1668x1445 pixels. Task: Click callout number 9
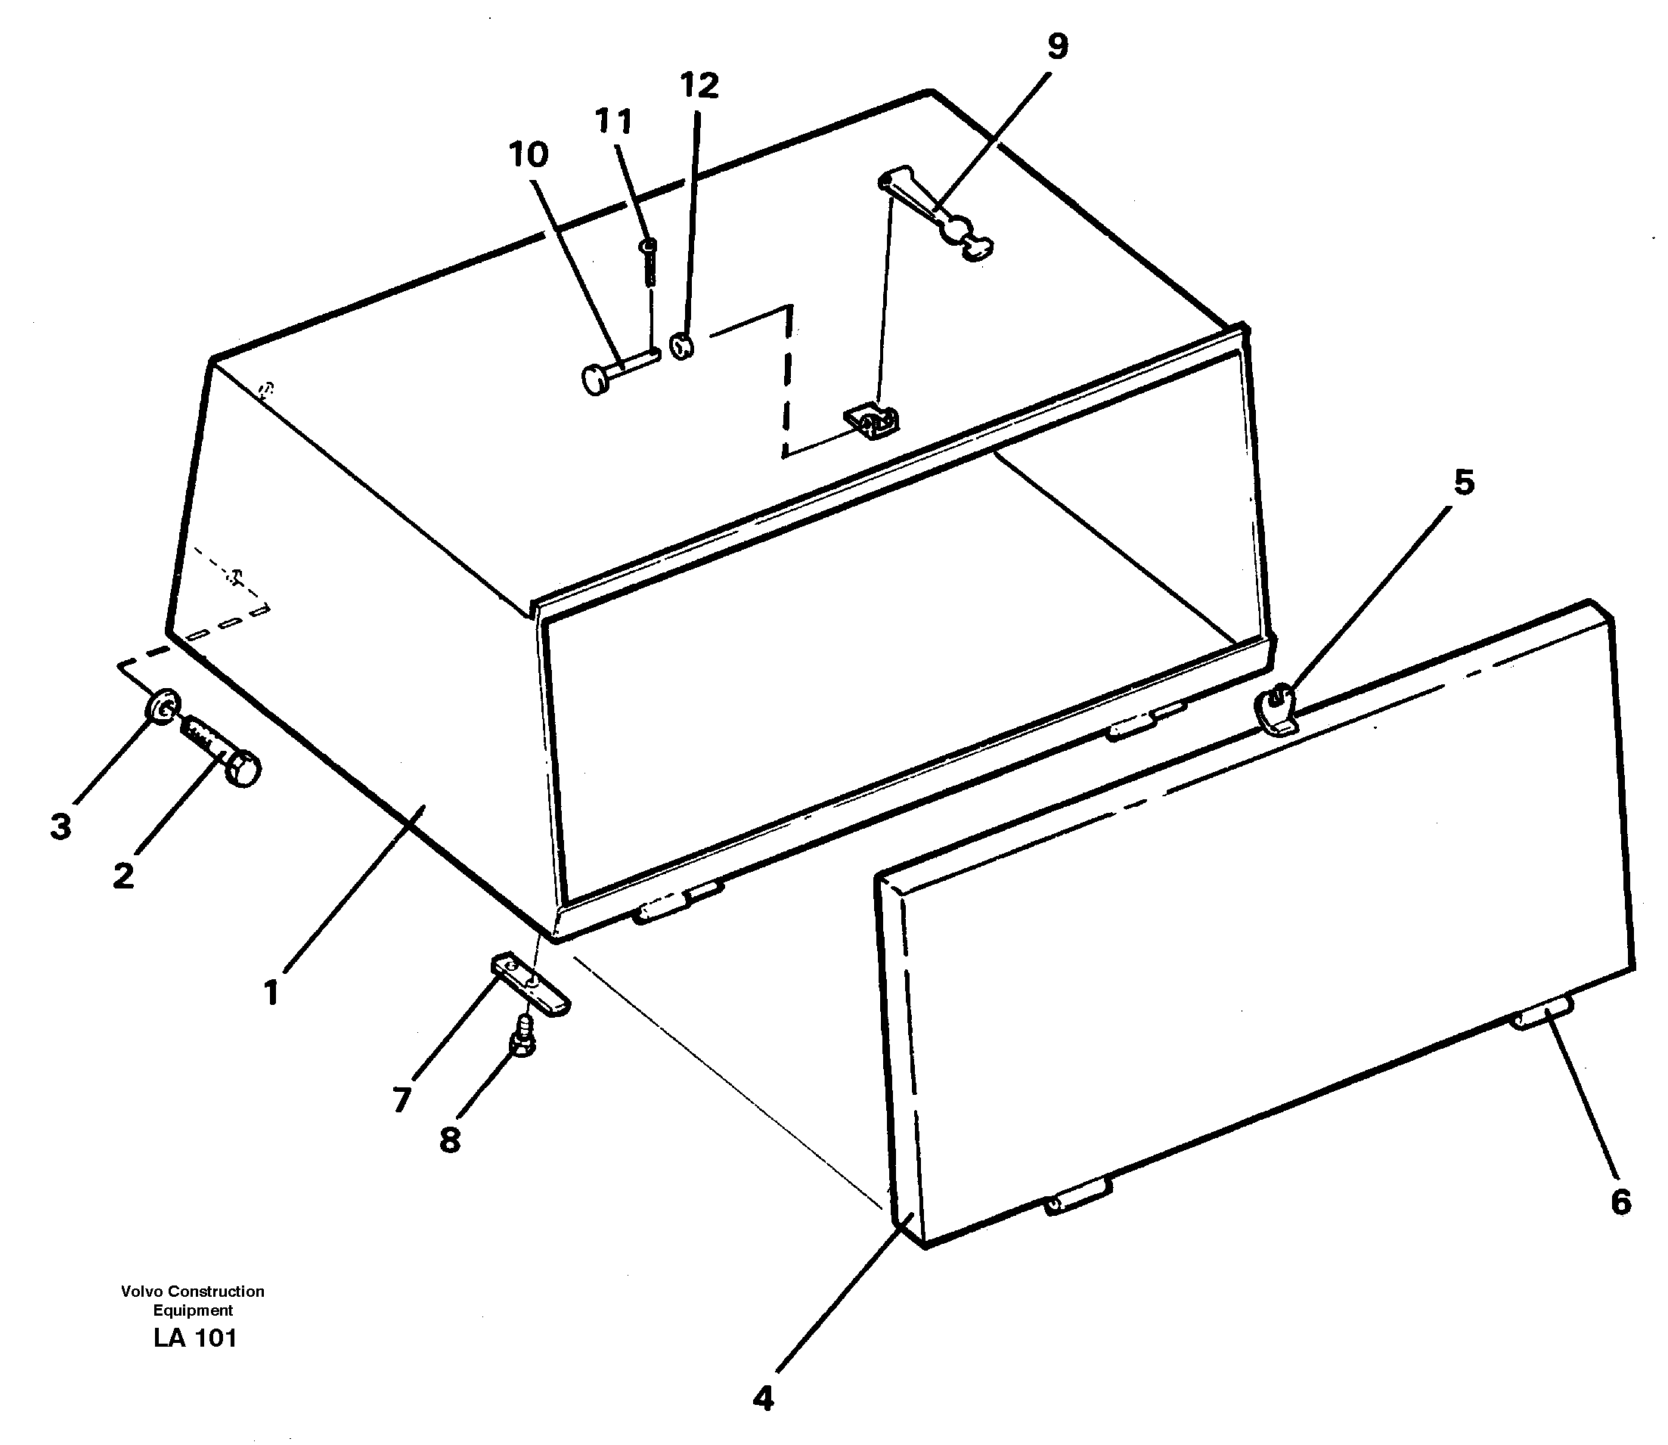coord(1057,47)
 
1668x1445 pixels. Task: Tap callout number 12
coord(698,85)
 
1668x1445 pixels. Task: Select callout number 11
coord(613,121)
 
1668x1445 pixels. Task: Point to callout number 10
coord(528,154)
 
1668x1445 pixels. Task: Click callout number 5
coord(1463,483)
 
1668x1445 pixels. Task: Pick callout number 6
coord(1620,1202)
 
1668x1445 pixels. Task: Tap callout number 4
coord(763,1397)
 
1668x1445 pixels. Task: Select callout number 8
coord(450,1140)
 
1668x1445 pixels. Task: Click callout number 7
coord(401,1098)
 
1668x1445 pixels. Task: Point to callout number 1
coord(271,992)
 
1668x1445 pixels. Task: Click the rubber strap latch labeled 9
coord(935,214)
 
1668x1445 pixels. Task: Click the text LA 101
coord(194,1338)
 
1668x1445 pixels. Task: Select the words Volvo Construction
coord(193,1291)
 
